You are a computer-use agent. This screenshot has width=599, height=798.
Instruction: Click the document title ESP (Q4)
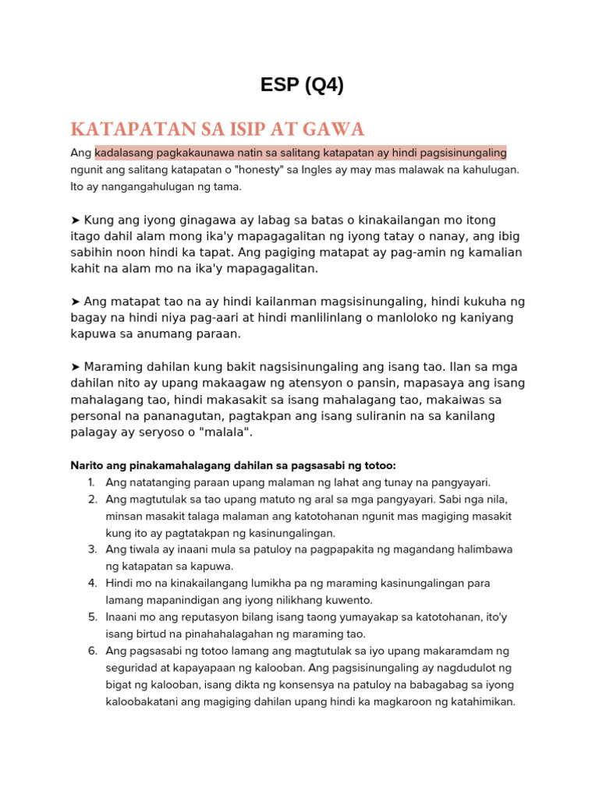(302, 86)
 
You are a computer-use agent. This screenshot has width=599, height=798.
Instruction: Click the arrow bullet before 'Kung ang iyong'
(76, 221)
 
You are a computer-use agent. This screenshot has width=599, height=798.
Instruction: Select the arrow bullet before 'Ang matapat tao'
(76, 302)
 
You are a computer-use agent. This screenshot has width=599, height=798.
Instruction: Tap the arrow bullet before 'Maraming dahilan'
(76, 367)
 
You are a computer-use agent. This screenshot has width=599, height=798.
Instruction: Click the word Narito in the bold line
(87, 466)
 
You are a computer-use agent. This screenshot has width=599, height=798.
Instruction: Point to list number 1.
(92, 482)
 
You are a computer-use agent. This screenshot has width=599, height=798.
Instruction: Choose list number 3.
(92, 549)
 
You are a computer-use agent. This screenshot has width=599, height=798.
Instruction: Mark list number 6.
(92, 651)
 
